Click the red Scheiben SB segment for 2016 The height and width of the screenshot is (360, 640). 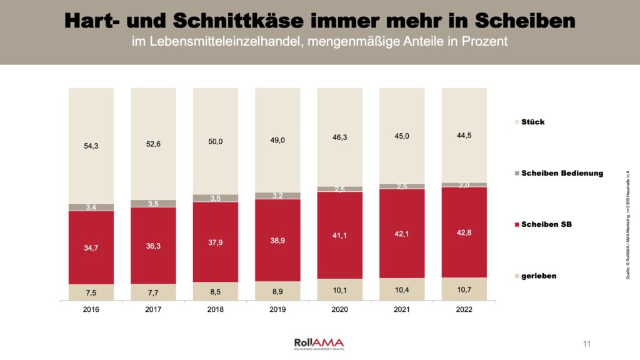click(91, 247)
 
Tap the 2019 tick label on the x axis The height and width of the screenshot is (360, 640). click(277, 308)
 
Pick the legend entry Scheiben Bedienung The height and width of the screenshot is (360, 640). click(562, 173)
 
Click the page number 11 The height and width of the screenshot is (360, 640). click(586, 344)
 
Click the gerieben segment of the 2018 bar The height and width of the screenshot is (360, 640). click(216, 291)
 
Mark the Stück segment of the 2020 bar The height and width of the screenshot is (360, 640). click(339, 137)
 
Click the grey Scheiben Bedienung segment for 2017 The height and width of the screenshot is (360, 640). click(153, 203)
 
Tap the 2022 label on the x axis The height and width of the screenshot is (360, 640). click(464, 308)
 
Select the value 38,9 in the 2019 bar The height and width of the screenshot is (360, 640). click(277, 240)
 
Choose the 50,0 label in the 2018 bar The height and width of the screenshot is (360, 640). click(216, 141)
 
